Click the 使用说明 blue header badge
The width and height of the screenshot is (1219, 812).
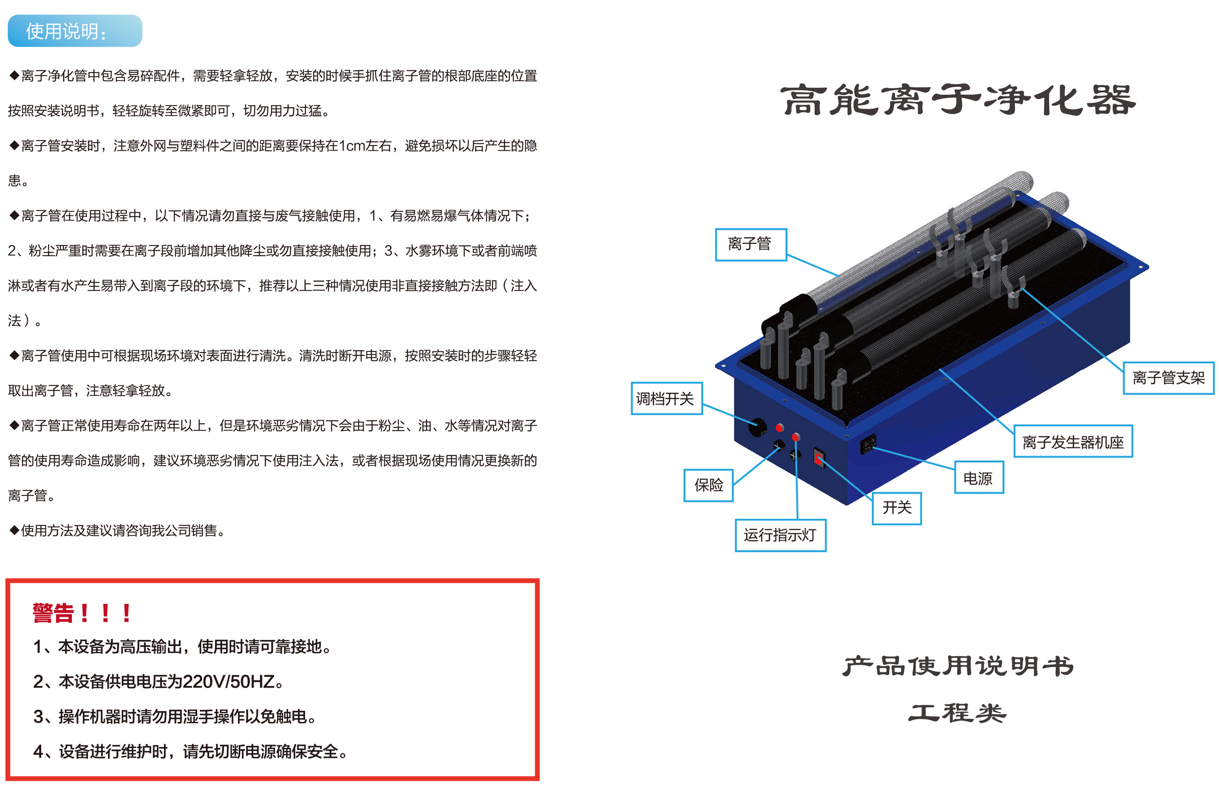coord(75,31)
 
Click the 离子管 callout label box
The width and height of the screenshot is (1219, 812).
coord(751,244)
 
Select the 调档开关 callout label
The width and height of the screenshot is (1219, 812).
coord(666,398)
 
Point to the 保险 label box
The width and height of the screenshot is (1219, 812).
coord(709,485)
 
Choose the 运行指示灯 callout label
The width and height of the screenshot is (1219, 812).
coord(781,535)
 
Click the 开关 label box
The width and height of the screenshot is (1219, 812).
coord(897,508)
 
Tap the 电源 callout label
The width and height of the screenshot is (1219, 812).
coord(979,477)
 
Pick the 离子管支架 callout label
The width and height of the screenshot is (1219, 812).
coord(1168,378)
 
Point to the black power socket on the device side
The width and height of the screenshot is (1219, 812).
coord(868,444)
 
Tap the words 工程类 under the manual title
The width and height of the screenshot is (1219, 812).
coord(957,713)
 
